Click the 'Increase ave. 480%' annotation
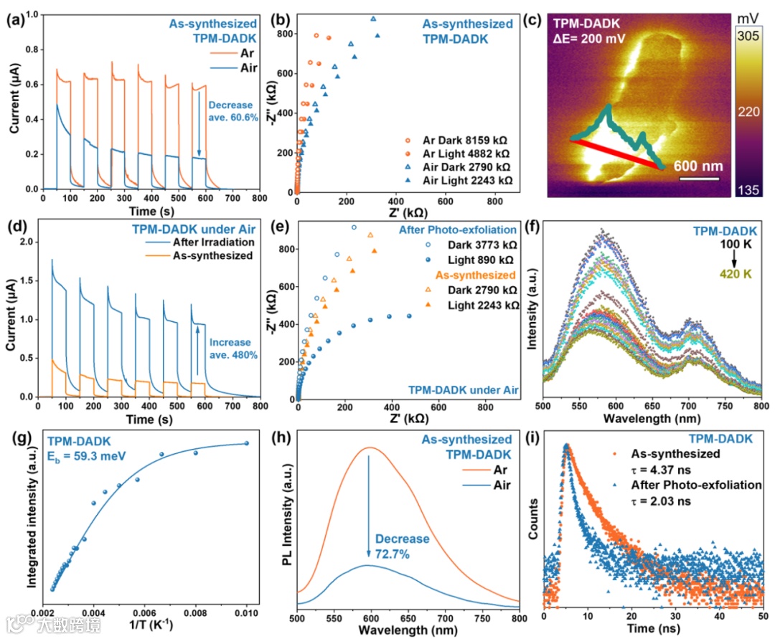230,349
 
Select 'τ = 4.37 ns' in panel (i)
662,470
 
